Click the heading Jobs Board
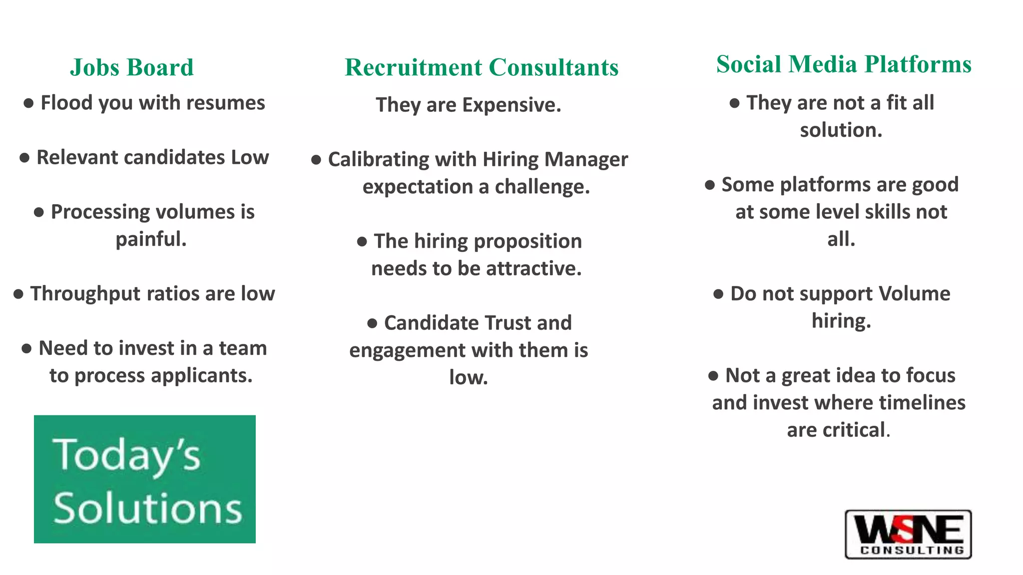coord(132,67)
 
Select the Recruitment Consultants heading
coord(482,67)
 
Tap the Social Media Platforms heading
coord(844,64)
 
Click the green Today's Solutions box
coord(145,479)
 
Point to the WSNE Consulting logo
coord(908,534)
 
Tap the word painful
coord(151,239)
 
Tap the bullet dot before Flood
coord(28,103)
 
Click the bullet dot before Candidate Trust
coord(372,323)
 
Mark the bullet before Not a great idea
coord(713,376)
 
